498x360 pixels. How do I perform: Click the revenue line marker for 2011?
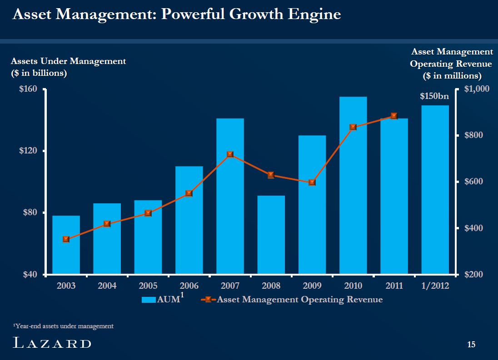(x=394, y=116)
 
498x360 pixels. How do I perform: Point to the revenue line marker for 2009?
(x=312, y=182)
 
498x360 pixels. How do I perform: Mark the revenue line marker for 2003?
(x=66, y=239)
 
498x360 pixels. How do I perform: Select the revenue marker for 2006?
(x=189, y=193)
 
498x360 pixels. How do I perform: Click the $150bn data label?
(x=434, y=96)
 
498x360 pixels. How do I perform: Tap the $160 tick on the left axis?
(x=28, y=89)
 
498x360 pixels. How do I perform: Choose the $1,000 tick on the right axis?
(x=477, y=89)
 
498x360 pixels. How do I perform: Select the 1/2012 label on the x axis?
(x=435, y=286)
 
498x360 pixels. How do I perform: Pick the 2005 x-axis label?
(x=148, y=286)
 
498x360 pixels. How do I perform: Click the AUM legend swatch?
(x=149, y=300)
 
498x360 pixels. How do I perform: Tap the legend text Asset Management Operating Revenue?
(x=300, y=300)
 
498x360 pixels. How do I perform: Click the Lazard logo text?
(x=52, y=344)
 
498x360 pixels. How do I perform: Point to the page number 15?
(x=471, y=345)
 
